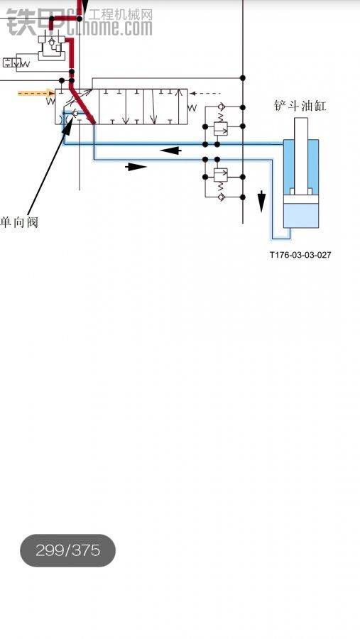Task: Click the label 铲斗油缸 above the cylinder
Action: coord(300,106)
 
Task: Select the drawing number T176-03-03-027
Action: coord(300,255)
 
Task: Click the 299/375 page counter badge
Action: coord(67,550)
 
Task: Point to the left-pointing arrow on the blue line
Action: coord(171,151)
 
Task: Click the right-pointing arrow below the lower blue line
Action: coord(136,167)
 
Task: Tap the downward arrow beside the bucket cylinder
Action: coord(261,202)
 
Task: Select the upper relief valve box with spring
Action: coord(221,129)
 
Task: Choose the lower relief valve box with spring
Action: coord(221,175)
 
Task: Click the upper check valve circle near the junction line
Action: coord(221,106)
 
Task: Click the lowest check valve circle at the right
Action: coord(221,197)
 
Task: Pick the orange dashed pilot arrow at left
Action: coord(36,93)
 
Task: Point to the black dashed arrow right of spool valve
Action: coord(205,94)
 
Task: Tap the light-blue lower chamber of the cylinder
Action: coord(301,215)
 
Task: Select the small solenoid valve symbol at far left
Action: coord(13,62)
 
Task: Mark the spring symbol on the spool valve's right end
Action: coord(192,108)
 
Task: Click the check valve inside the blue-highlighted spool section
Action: coord(75,113)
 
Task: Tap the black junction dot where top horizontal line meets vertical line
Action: coord(243,78)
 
